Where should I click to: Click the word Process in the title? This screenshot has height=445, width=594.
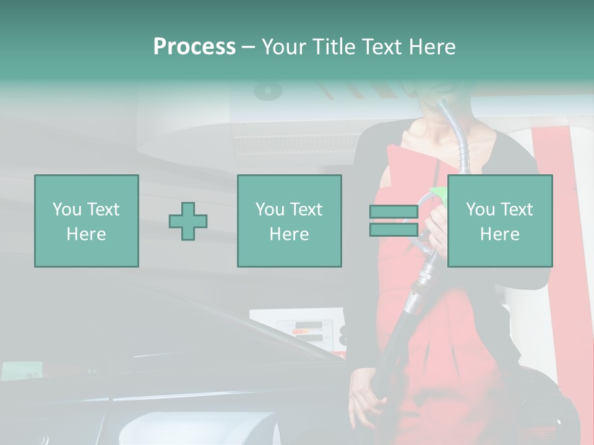click(194, 47)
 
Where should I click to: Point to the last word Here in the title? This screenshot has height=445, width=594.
click(432, 47)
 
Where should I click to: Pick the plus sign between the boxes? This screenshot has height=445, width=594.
click(188, 221)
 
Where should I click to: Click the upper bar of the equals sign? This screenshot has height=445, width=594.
click(394, 211)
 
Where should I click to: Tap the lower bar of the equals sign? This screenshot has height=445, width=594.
click(394, 230)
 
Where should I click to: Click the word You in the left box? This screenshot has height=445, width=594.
click(66, 210)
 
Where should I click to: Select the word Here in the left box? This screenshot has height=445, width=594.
click(86, 234)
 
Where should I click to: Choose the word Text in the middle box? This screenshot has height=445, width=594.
click(306, 210)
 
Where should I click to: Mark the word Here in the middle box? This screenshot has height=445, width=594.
click(289, 234)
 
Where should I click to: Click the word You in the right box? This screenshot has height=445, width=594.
click(480, 210)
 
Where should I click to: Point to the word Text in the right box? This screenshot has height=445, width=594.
click(516, 210)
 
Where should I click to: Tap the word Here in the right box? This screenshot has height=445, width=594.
click(499, 234)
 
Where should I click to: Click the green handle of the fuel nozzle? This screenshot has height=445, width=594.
click(439, 193)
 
